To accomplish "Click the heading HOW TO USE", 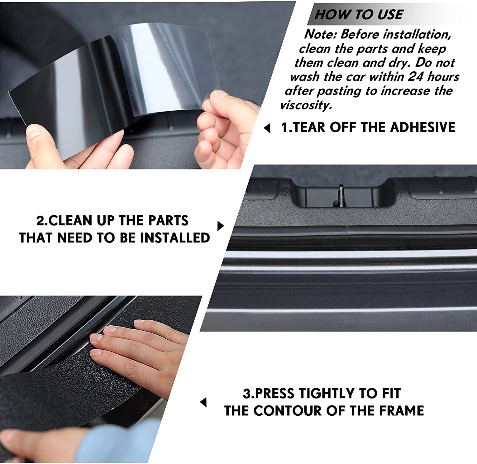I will [x=359, y=15].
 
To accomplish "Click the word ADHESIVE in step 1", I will [x=423, y=127].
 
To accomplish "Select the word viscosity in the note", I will [x=306, y=105].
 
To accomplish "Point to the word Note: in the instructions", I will [x=320, y=34].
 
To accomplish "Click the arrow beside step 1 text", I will [x=267, y=128].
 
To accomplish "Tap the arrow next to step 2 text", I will [x=220, y=226].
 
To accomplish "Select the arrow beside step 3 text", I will [x=204, y=402].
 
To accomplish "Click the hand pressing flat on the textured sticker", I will [x=134, y=350].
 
